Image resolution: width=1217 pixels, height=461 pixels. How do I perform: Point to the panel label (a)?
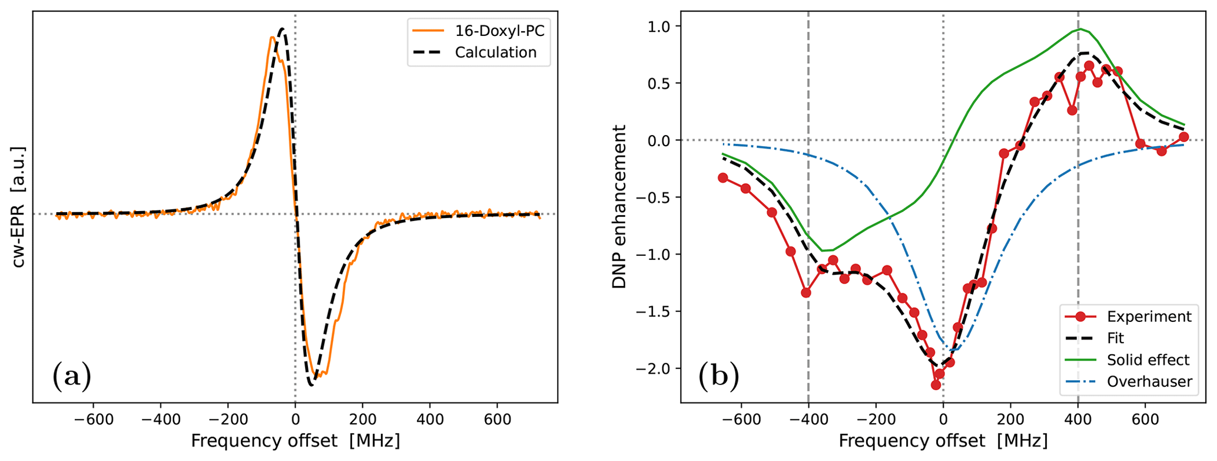(x=72, y=376)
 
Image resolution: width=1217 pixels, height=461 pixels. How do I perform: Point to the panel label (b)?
(x=718, y=376)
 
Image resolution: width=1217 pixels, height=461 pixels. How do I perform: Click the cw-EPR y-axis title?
(x=19, y=207)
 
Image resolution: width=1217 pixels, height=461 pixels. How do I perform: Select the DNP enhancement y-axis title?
(x=619, y=207)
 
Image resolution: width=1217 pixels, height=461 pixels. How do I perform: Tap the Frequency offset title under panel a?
(x=295, y=441)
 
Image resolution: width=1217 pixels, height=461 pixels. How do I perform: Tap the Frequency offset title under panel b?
(x=943, y=441)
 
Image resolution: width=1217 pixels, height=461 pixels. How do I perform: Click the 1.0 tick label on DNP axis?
(x=659, y=27)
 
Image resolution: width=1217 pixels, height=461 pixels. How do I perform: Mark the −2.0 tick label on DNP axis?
(x=654, y=368)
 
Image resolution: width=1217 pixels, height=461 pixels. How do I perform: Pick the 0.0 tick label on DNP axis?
(x=659, y=140)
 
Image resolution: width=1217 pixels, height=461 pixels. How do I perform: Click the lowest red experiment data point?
(x=936, y=385)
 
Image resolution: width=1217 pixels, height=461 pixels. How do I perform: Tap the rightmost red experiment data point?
(x=1184, y=137)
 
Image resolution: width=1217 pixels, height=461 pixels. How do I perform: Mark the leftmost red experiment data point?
(x=723, y=177)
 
